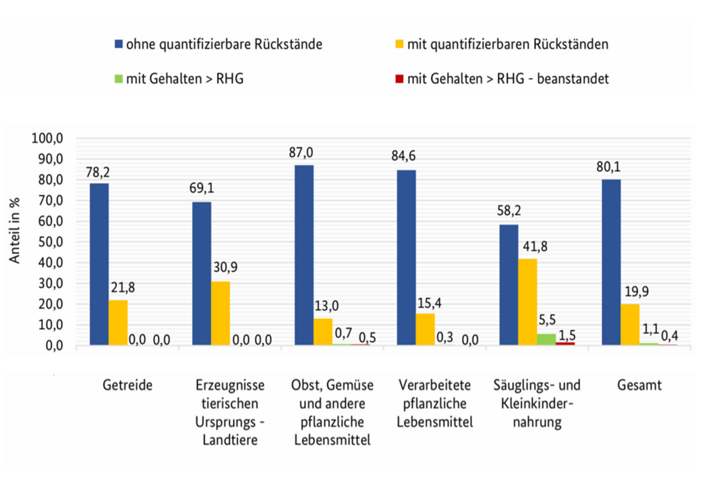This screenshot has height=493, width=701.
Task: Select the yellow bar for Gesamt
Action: click(x=630, y=325)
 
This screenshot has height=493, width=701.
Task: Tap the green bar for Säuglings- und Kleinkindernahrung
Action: click(x=546, y=340)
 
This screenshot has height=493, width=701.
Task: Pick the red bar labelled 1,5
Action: click(x=565, y=344)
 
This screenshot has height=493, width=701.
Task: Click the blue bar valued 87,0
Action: click(x=304, y=255)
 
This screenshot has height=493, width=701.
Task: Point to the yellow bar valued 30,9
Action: click(x=220, y=314)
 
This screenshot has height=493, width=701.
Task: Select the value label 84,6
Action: click(x=404, y=156)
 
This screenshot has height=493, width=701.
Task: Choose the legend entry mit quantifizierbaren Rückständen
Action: click(x=507, y=45)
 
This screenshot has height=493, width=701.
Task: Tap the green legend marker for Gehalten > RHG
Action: click(x=118, y=79)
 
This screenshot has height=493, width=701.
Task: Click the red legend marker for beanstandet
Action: click(x=398, y=79)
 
